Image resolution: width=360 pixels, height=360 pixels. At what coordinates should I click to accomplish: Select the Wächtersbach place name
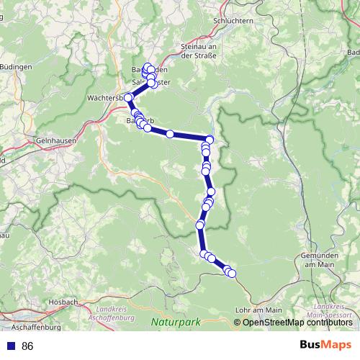104,97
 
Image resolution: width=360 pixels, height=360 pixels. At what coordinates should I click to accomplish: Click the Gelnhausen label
55,142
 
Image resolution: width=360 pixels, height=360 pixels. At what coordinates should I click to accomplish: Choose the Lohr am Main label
258,310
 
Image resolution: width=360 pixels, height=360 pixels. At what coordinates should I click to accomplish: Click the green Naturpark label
174,323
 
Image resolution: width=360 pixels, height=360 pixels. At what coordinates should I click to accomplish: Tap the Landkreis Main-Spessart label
325,310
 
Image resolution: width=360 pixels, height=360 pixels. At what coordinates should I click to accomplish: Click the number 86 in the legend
27,346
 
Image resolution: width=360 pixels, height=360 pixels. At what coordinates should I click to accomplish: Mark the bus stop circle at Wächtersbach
128,97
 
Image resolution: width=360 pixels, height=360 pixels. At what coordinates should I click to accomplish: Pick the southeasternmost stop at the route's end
232,272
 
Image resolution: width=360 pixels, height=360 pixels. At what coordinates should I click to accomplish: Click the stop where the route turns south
210,140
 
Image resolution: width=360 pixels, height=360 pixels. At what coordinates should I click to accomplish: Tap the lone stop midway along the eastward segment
170,134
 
